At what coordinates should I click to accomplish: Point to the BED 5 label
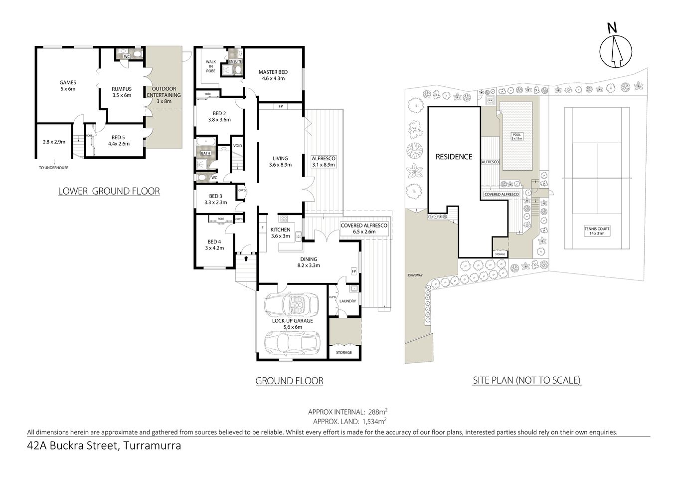[119, 140]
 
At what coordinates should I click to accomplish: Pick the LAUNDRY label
[347, 301]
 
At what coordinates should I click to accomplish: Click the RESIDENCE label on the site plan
[454, 157]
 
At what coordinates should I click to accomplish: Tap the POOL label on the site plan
[517, 135]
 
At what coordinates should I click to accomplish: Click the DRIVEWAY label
[414, 275]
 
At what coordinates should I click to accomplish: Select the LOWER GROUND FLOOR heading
[109, 191]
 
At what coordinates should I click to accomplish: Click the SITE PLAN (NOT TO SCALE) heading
[526, 380]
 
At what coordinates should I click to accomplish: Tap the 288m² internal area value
[377, 412]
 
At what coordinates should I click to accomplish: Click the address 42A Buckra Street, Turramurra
[104, 446]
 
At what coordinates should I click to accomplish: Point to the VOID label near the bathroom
[237, 146]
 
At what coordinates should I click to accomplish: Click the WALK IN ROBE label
[210, 66]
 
